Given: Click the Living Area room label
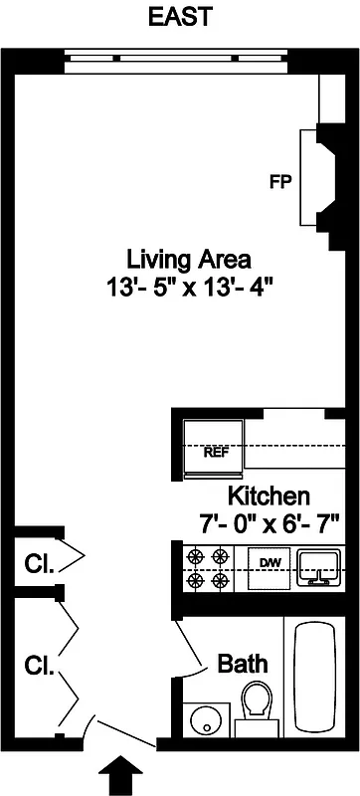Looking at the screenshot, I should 187,261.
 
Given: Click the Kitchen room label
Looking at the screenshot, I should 270,496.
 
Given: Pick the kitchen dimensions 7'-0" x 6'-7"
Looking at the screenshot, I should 270,519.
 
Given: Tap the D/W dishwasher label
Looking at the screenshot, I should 270,564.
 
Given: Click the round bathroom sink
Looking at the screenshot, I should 208,717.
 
